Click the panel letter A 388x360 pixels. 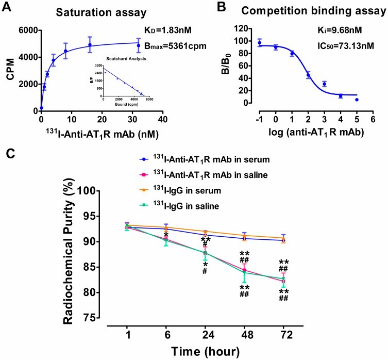(6, 7)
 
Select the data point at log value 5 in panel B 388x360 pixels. (356, 100)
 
